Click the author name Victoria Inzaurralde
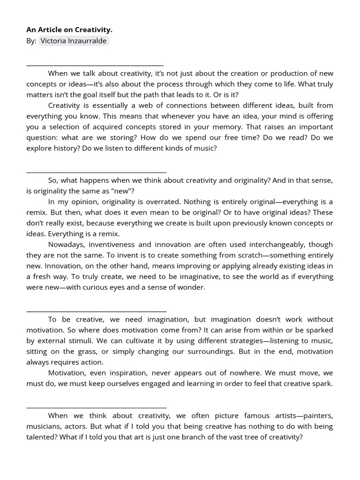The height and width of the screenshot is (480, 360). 74,41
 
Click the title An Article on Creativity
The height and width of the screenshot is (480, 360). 69,30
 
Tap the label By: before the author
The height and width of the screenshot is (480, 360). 31,41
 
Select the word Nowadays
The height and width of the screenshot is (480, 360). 66,244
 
